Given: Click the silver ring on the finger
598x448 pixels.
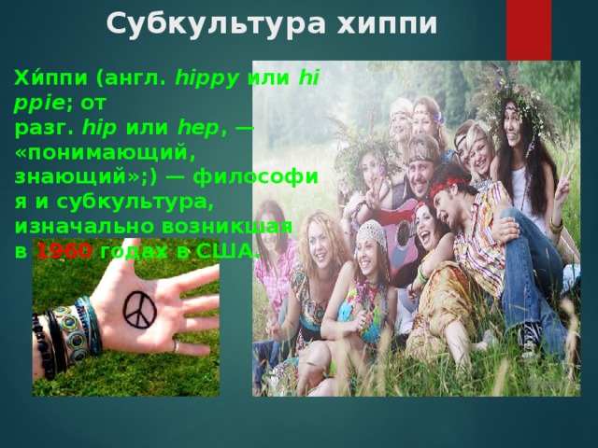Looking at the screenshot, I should click(176, 346).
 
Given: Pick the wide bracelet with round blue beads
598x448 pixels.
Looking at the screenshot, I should click(68, 331).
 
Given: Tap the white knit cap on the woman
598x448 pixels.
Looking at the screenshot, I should click(372, 228).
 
